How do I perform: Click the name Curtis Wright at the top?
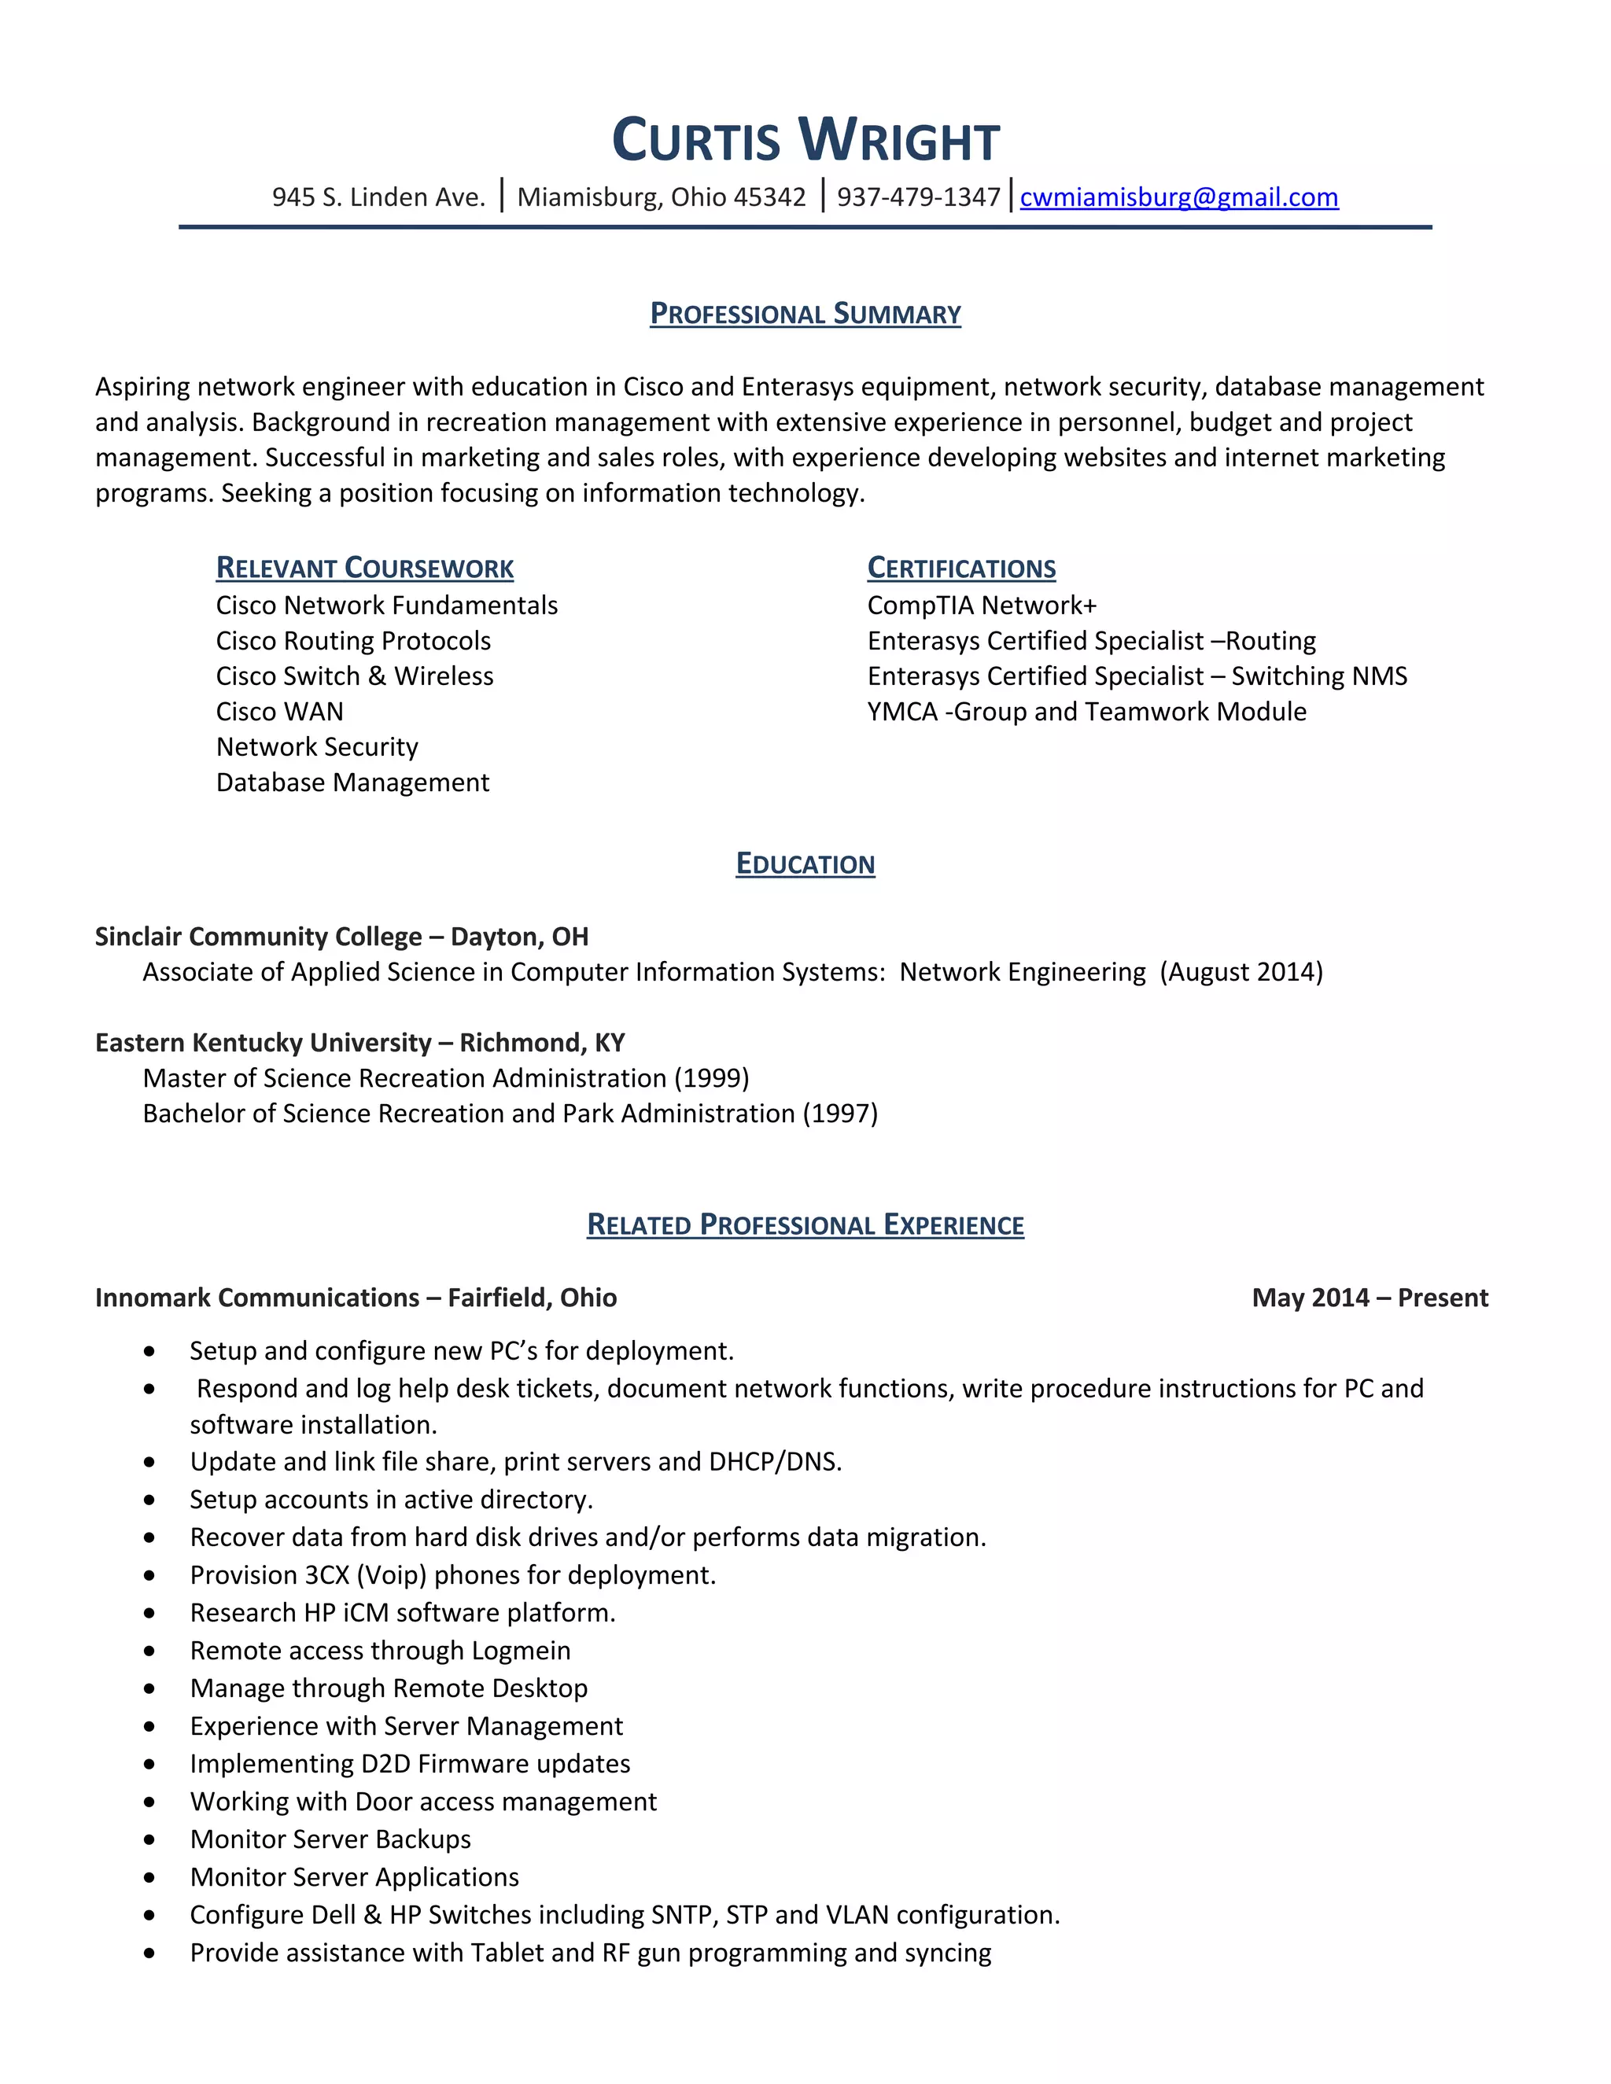[x=805, y=142]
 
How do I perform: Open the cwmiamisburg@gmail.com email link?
[x=1178, y=197]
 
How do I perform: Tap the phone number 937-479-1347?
[x=918, y=197]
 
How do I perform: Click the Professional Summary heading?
[x=805, y=314]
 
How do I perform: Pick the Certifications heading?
[x=961, y=569]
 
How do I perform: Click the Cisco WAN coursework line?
[x=279, y=712]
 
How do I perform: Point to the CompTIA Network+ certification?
[x=982, y=606]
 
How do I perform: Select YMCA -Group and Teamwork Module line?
[x=1086, y=712]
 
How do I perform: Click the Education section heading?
[x=805, y=864]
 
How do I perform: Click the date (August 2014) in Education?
[x=1241, y=972]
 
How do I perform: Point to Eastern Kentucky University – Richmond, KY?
[x=359, y=1043]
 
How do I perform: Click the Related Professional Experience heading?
[x=805, y=1225]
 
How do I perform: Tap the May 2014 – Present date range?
[x=1370, y=1298]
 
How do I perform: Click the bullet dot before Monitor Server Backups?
[x=149, y=1839]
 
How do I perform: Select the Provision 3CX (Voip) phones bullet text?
[x=452, y=1575]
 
